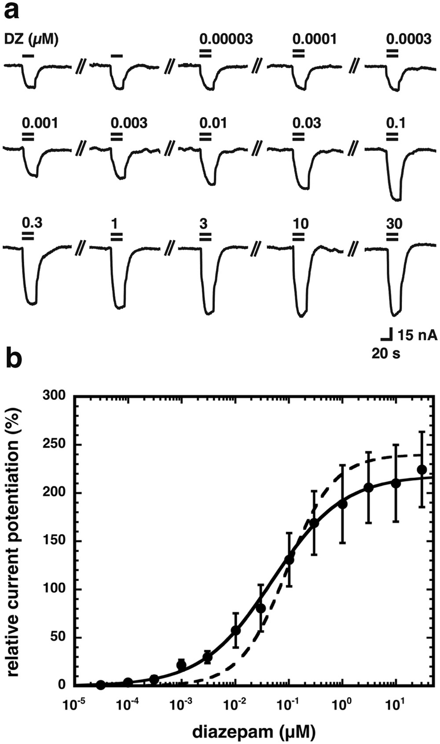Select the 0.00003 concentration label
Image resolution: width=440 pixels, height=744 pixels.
tap(226, 39)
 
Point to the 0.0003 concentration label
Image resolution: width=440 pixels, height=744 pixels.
tap(409, 39)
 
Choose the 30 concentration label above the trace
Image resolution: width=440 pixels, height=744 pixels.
tap(394, 224)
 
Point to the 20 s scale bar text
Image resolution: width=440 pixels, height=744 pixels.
tap(386, 353)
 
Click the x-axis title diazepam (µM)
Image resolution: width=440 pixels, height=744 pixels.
tap(253, 732)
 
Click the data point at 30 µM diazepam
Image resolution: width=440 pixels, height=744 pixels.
tap(422, 469)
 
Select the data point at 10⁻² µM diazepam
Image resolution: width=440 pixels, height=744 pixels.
tap(236, 630)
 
